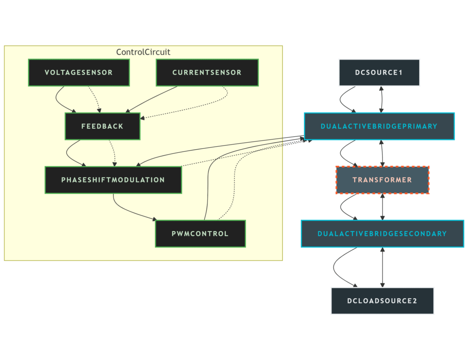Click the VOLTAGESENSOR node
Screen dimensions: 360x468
pos(79,72)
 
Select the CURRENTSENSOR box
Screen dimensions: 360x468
pos(207,72)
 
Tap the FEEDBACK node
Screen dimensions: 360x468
pos(102,126)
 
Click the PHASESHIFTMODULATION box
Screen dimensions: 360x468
pos(113,180)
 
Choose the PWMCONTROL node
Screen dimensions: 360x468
pos(200,234)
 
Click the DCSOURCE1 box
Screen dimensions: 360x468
pos(379,72)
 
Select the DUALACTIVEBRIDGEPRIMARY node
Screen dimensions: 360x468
pos(379,126)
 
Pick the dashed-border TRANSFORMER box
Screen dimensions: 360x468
pos(382,180)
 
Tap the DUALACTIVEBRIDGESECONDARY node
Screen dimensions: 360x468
pos(382,234)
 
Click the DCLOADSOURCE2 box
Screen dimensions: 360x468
pos(382,301)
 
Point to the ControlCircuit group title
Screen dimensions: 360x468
pos(143,52)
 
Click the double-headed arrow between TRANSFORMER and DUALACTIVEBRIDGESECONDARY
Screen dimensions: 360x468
pos(382,207)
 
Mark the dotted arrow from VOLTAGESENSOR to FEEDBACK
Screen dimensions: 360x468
pos(94,98)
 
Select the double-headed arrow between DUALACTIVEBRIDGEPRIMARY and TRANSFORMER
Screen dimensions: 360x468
pos(382,153)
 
